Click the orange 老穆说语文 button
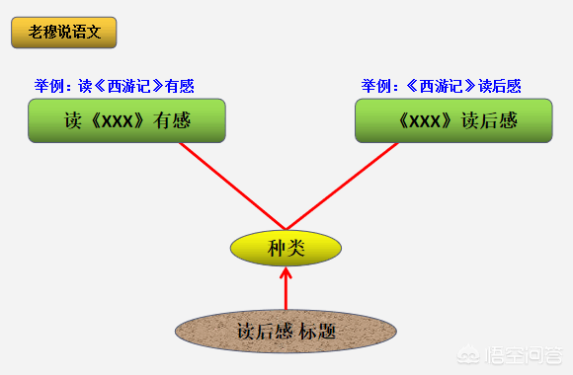pos(64,32)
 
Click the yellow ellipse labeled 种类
pos(286,248)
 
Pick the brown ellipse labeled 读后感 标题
pos(286,332)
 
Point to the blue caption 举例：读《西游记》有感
pos(115,86)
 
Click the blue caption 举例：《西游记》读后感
pos(440,86)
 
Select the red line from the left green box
pos(232,186)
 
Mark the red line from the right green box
pos(342,186)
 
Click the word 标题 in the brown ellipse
pos(318,332)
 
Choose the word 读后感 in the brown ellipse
pos(266,332)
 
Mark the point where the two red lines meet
pos(286,228)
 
